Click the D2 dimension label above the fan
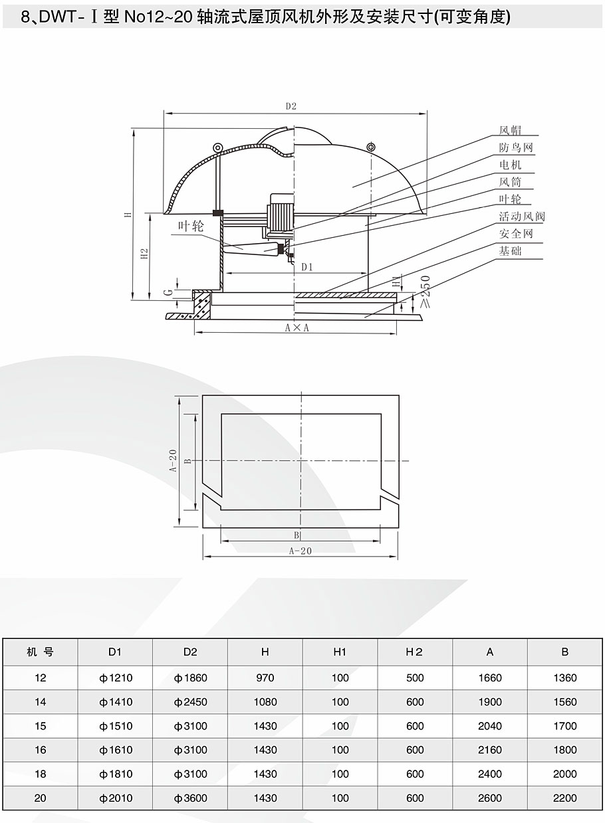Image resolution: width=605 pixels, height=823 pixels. point(291,106)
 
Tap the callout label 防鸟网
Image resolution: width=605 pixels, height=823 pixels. point(516,147)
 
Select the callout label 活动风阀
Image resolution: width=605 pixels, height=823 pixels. point(522,217)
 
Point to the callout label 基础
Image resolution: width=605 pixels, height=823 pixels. point(510,251)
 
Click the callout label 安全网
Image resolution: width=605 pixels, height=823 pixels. point(516,234)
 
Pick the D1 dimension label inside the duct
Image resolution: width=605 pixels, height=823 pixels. point(307,267)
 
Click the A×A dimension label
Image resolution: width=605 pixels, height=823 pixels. point(297,327)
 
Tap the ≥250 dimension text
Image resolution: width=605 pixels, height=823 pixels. point(425,292)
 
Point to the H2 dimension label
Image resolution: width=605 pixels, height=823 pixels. point(144,254)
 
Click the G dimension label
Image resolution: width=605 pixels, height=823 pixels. point(169,292)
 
